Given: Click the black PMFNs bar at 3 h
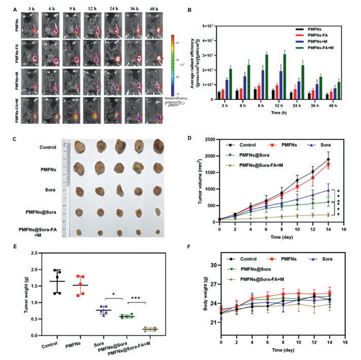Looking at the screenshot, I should click(219, 95).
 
